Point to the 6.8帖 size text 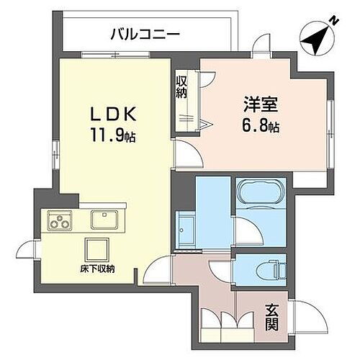(x=260, y=126)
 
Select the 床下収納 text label (x=97, y=269)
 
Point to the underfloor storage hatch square (x=96, y=249)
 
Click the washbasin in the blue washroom (x=186, y=225)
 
